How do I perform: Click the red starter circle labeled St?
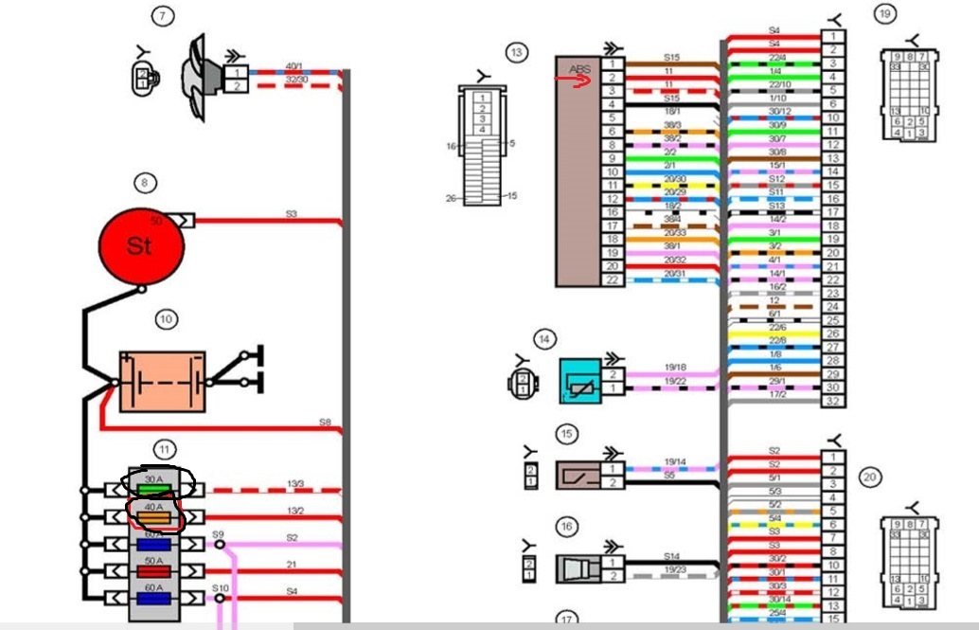(140, 246)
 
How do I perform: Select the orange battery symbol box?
(162, 382)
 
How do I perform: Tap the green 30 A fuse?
(152, 489)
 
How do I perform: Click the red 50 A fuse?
(152, 570)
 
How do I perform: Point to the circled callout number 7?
(163, 15)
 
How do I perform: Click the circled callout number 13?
(516, 53)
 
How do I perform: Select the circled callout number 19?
(884, 13)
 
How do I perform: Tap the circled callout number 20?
(870, 477)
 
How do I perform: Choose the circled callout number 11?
(166, 449)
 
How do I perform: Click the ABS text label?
(578, 69)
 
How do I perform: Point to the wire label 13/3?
(295, 484)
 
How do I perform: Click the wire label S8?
(325, 421)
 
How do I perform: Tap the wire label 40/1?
(295, 65)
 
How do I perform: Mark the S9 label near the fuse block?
(218, 535)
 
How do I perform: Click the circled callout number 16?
(566, 527)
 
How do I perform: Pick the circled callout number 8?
(145, 183)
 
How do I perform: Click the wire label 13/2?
(295, 511)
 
